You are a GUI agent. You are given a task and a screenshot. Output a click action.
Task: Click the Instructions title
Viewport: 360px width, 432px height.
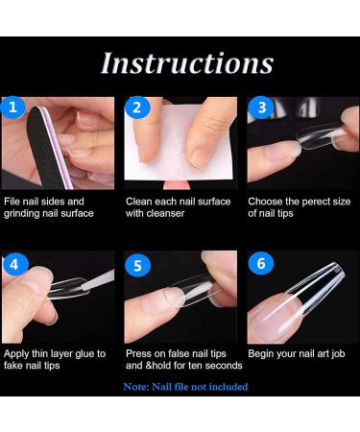[x=186, y=62]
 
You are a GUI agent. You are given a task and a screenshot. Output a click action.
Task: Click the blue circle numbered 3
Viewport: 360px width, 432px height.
[x=259, y=108]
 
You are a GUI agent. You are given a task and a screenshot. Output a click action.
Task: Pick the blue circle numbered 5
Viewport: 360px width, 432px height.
[x=136, y=262]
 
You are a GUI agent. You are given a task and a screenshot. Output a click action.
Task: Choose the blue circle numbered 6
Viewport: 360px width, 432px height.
[x=259, y=262]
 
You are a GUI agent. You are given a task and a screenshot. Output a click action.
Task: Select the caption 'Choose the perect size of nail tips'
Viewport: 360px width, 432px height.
[x=299, y=207]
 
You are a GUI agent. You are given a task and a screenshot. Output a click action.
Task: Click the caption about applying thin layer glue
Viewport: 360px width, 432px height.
[x=56, y=359]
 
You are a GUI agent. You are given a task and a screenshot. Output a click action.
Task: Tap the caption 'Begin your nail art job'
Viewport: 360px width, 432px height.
[x=299, y=353]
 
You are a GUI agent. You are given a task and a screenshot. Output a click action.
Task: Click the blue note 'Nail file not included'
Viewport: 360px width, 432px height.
[x=184, y=386]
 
